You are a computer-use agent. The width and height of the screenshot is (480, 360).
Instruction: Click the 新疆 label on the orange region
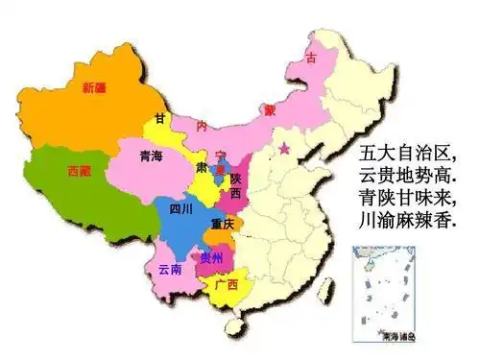[x=94, y=88]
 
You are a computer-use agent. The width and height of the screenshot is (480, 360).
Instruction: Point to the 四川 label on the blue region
[x=180, y=208]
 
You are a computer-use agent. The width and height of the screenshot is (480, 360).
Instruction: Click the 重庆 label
[x=224, y=225]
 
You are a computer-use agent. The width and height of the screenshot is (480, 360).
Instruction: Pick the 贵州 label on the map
[x=209, y=257]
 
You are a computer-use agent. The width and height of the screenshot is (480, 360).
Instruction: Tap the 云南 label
[x=170, y=270]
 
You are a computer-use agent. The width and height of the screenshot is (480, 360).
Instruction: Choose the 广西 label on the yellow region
[x=228, y=285]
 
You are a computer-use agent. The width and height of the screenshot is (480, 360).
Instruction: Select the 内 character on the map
[x=202, y=126]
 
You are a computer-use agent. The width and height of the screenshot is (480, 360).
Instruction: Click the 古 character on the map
[x=310, y=60]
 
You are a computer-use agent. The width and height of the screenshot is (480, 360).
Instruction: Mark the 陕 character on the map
[x=235, y=178]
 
